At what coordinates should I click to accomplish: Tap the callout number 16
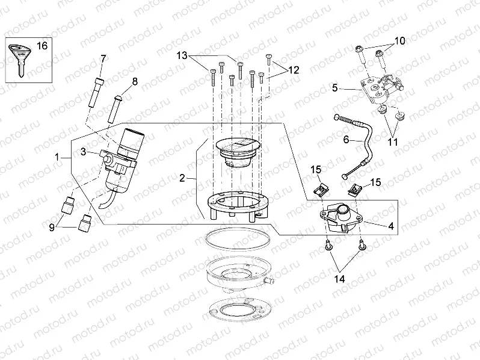[x=42, y=46]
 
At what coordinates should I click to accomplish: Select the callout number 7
[x=103, y=58]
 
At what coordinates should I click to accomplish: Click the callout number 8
[x=135, y=81]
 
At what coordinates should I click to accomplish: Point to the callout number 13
[x=182, y=55]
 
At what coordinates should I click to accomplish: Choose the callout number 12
[x=293, y=70]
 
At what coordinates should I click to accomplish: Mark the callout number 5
[x=335, y=87]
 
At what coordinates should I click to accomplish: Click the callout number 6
[x=346, y=139]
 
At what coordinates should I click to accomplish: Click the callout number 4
[x=391, y=226]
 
